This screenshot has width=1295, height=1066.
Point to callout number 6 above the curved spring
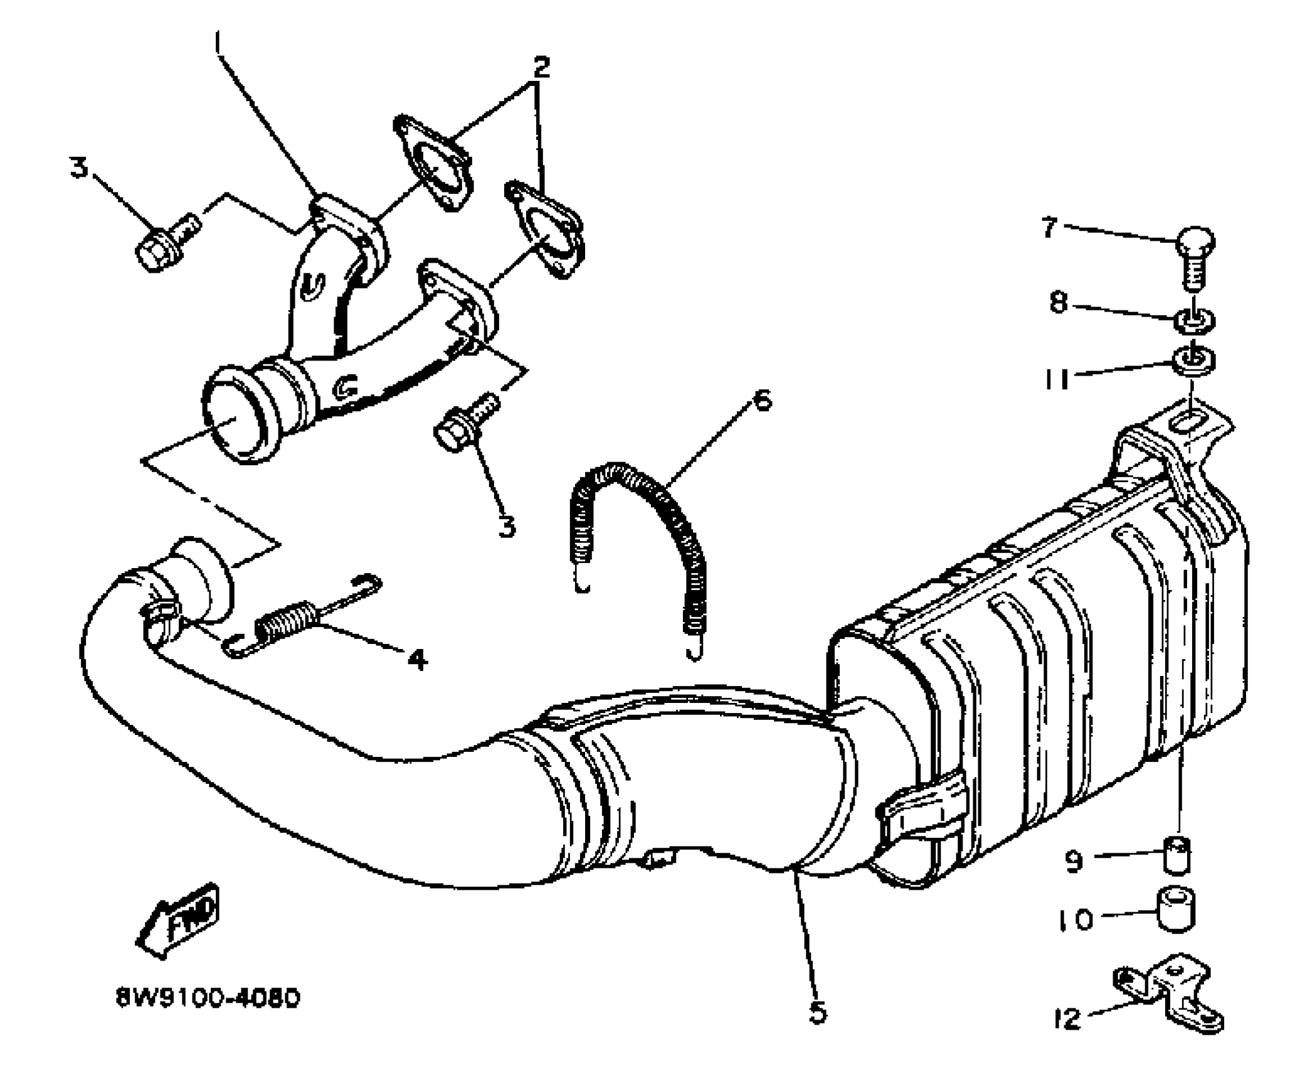click(x=761, y=399)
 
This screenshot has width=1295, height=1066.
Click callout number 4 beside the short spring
click(x=417, y=658)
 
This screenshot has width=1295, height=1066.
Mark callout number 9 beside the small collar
click(x=1074, y=861)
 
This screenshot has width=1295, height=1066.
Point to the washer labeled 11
click(x=1194, y=362)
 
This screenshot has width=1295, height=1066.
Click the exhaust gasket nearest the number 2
click(x=434, y=161)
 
